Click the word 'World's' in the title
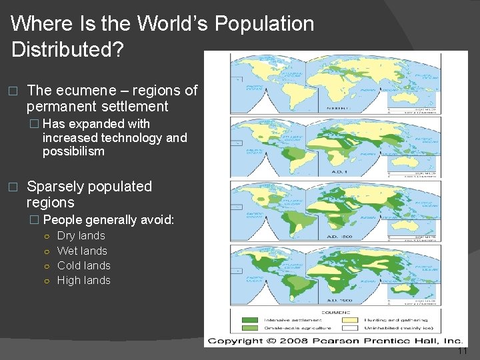click(173, 24)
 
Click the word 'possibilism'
click(73, 151)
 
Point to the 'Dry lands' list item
click(81, 236)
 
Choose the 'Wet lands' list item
click(82, 251)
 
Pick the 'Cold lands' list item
click(83, 265)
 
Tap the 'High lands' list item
click(83, 280)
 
